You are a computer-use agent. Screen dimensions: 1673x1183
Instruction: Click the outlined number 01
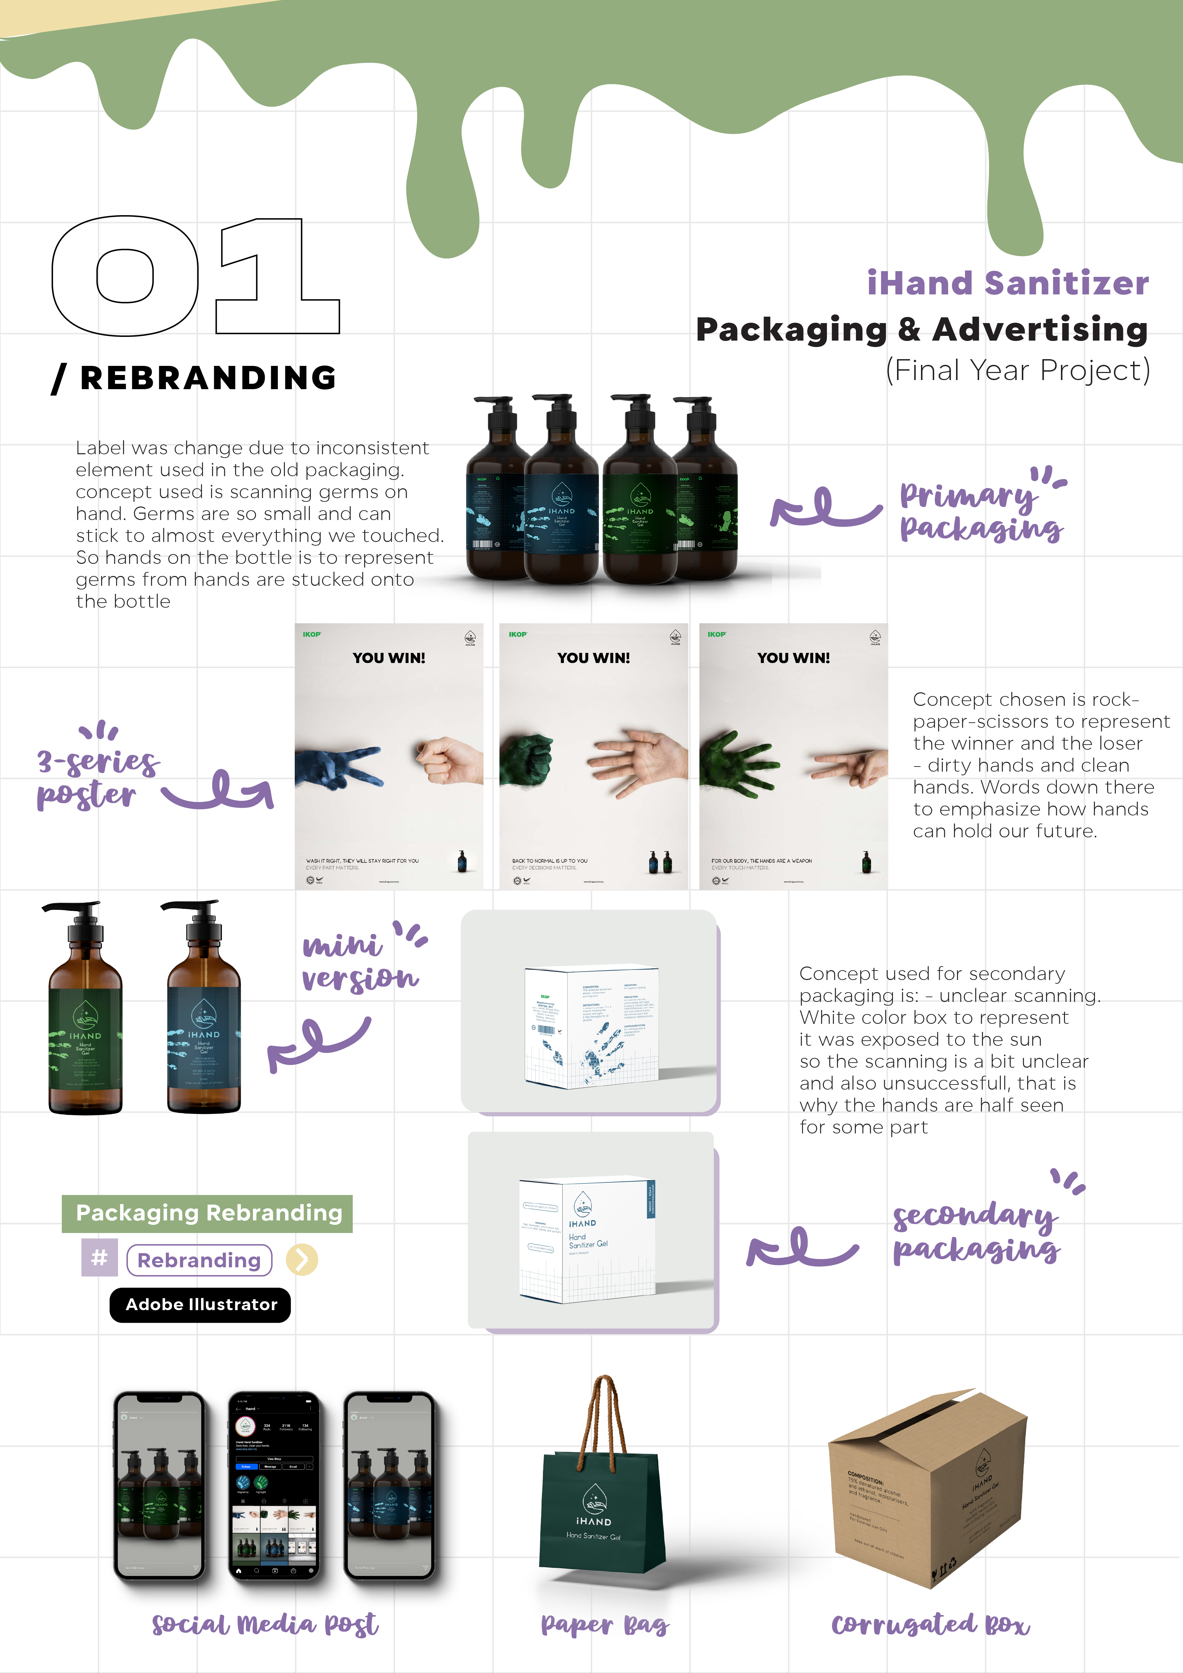[x=195, y=276]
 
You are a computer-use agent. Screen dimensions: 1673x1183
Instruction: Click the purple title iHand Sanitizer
[x=1007, y=283]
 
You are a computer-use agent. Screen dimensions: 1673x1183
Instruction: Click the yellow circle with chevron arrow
[x=301, y=1259]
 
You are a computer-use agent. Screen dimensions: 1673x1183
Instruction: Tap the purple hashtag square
[x=100, y=1258]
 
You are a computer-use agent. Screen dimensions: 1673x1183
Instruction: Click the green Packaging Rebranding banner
[x=208, y=1213]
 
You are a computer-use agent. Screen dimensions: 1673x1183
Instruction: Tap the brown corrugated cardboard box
[x=929, y=1490]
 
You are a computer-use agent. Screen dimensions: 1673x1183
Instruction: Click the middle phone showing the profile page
[x=275, y=1487]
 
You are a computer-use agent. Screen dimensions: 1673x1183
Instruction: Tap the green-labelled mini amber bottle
[x=85, y=1020]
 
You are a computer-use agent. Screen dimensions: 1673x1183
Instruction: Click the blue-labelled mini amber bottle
[x=204, y=1020]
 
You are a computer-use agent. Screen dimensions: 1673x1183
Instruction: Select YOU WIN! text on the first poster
[x=389, y=658]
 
